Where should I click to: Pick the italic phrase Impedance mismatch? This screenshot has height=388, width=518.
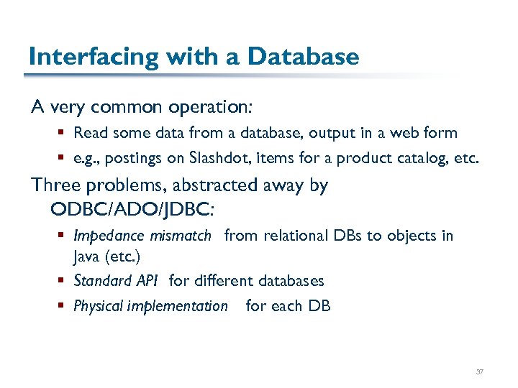(142, 236)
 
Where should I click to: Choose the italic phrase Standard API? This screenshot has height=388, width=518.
(115, 281)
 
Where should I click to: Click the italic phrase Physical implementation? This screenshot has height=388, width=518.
(150, 306)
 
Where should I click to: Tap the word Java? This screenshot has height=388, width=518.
(86, 257)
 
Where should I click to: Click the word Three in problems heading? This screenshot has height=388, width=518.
(56, 185)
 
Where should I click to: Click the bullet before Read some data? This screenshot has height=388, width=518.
(63, 133)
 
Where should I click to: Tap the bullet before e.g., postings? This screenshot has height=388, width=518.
(63, 158)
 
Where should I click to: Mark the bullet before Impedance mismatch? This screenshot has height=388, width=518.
(63, 236)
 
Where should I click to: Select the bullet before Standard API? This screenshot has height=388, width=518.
(63, 281)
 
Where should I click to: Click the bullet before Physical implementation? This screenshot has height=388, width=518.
(63, 306)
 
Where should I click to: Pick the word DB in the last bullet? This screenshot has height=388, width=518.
(319, 306)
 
